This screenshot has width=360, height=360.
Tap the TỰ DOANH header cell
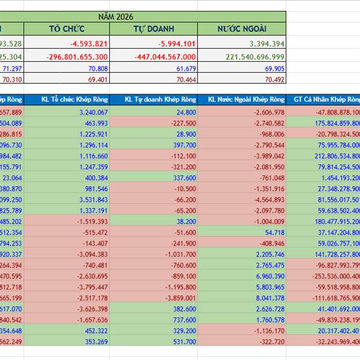[x=154, y=29]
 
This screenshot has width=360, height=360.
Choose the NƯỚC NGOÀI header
[x=242, y=29]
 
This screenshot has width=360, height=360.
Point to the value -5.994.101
[x=176, y=43]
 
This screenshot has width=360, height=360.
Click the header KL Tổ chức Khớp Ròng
[x=75, y=100]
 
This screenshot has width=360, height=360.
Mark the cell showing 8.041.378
[x=269, y=298]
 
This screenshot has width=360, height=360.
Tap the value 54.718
[x=274, y=232]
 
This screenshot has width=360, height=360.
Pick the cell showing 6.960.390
[x=269, y=276]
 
